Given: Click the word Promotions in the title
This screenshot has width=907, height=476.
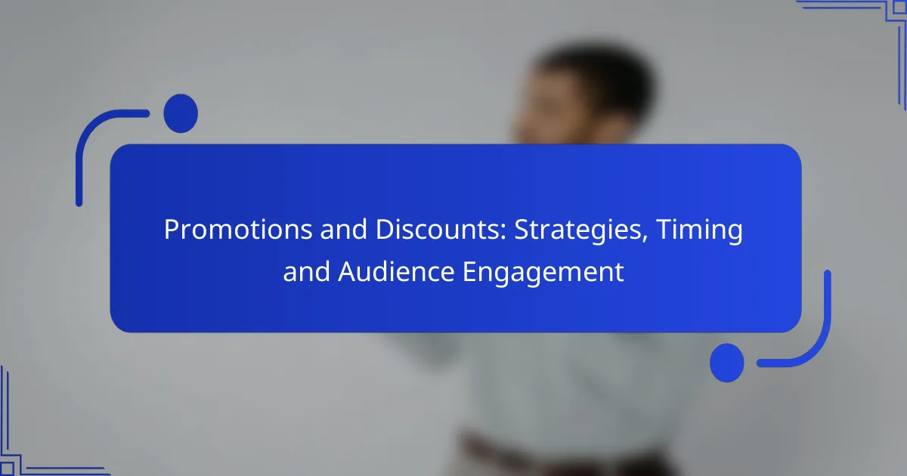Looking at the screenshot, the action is pyautogui.click(x=238, y=230).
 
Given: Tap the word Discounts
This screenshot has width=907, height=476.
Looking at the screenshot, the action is pyautogui.click(x=441, y=229).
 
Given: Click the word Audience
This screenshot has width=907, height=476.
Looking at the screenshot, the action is pyautogui.click(x=396, y=271).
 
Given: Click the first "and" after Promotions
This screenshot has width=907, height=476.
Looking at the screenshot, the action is pyautogui.click(x=344, y=229).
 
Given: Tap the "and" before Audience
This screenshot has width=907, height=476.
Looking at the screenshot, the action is pyautogui.click(x=307, y=271).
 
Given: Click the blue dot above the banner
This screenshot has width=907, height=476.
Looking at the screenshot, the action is pyautogui.click(x=181, y=113).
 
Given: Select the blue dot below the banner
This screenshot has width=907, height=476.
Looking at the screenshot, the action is pyautogui.click(x=727, y=363).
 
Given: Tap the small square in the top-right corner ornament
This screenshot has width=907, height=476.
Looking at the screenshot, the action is pyautogui.click(x=899, y=8).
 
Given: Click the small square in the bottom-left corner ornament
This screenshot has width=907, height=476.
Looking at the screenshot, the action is pyautogui.click(x=7, y=469).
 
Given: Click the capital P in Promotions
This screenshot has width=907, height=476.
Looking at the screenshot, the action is pyautogui.click(x=172, y=230).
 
